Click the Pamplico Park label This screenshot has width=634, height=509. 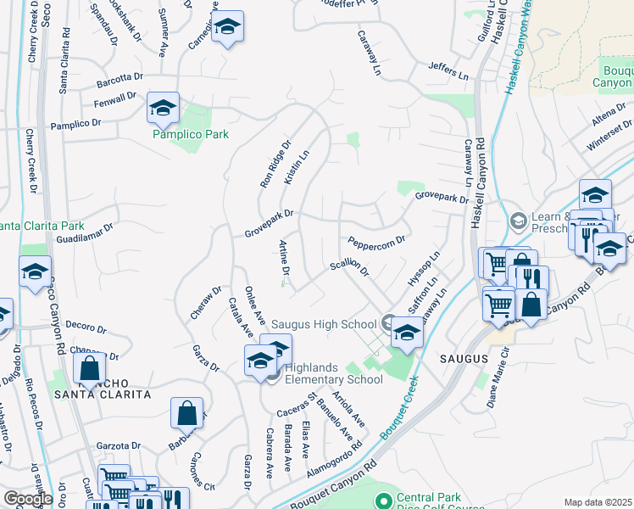[x=190, y=134]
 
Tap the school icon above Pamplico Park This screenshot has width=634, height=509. [x=162, y=108]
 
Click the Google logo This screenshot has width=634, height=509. [x=28, y=499]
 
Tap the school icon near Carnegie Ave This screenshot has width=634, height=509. [x=226, y=27]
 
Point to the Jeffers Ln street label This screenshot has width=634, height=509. [x=448, y=70]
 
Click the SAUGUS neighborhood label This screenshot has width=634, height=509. [x=464, y=359]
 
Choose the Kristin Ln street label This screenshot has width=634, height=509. [x=297, y=168]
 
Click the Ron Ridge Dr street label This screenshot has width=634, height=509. [x=275, y=164]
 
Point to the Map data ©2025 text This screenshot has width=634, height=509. [x=598, y=502]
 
